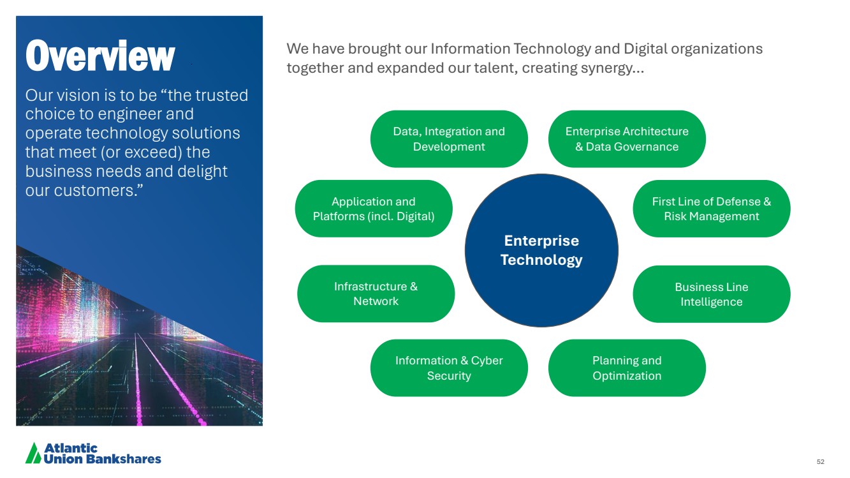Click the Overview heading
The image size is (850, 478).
click(100, 56)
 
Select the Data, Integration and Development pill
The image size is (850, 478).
click(449, 139)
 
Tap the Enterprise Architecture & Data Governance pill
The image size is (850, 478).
click(627, 139)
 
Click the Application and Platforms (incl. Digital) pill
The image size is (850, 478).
click(374, 209)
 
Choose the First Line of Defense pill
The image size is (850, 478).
click(712, 209)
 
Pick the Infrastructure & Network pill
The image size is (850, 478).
click(376, 294)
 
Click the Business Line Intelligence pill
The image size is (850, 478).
click(712, 294)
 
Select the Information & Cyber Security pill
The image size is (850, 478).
click(449, 368)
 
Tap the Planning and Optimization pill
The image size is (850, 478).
click(627, 368)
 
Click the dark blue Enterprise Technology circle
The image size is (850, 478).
click(541, 251)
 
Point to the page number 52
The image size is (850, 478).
click(821, 461)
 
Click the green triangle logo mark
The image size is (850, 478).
click(33, 453)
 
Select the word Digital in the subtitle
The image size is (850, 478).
click(645, 49)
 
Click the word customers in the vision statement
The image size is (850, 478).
click(98, 191)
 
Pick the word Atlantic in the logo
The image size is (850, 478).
click(71, 449)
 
